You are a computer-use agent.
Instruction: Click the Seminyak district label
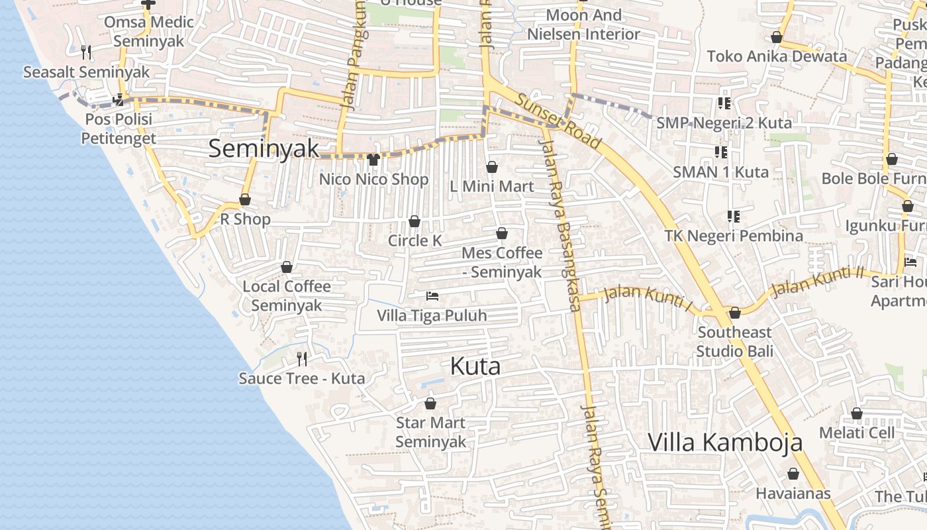pyautogui.click(x=264, y=148)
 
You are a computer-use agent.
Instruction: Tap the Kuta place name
pyautogui.click(x=475, y=366)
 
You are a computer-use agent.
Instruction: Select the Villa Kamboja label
pyautogui.click(x=725, y=443)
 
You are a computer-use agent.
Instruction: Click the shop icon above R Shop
pyautogui.click(x=245, y=199)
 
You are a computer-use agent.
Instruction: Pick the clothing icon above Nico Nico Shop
pyautogui.click(x=373, y=160)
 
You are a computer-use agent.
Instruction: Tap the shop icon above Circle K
pyautogui.click(x=415, y=221)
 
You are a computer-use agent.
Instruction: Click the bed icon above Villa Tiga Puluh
pyautogui.click(x=432, y=295)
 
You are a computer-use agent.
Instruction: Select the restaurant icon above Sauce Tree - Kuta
pyautogui.click(x=302, y=359)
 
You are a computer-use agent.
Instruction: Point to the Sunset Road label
pyautogui.click(x=558, y=121)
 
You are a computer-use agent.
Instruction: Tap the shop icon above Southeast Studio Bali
pyautogui.click(x=734, y=313)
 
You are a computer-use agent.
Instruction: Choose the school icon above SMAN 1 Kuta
pyautogui.click(x=721, y=153)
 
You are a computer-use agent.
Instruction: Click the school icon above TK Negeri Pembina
pyautogui.click(x=733, y=216)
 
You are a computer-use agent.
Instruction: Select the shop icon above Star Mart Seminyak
pyautogui.click(x=430, y=403)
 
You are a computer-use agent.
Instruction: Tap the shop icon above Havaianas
pyautogui.click(x=793, y=474)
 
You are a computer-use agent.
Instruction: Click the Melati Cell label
pyautogui.click(x=857, y=433)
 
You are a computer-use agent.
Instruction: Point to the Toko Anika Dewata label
pyautogui.click(x=777, y=56)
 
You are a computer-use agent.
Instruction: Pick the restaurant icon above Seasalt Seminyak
pyautogui.click(x=85, y=52)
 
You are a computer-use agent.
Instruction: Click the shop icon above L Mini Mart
pyautogui.click(x=491, y=167)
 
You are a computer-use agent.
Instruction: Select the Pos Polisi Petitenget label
pyautogui.click(x=118, y=129)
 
